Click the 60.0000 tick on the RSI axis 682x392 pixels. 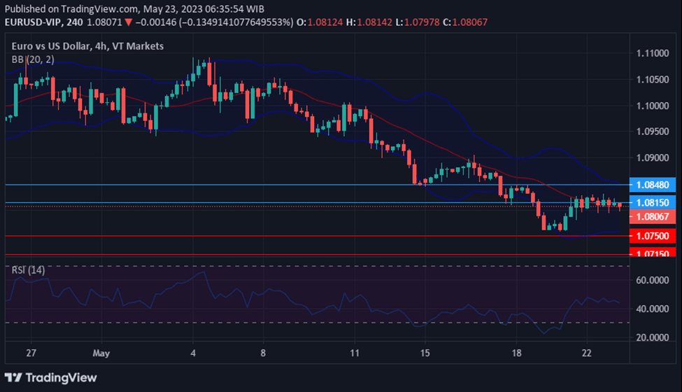(651, 280)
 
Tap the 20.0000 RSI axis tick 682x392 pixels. (651, 337)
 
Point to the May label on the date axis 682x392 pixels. (101, 353)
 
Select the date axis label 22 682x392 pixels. (588, 353)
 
